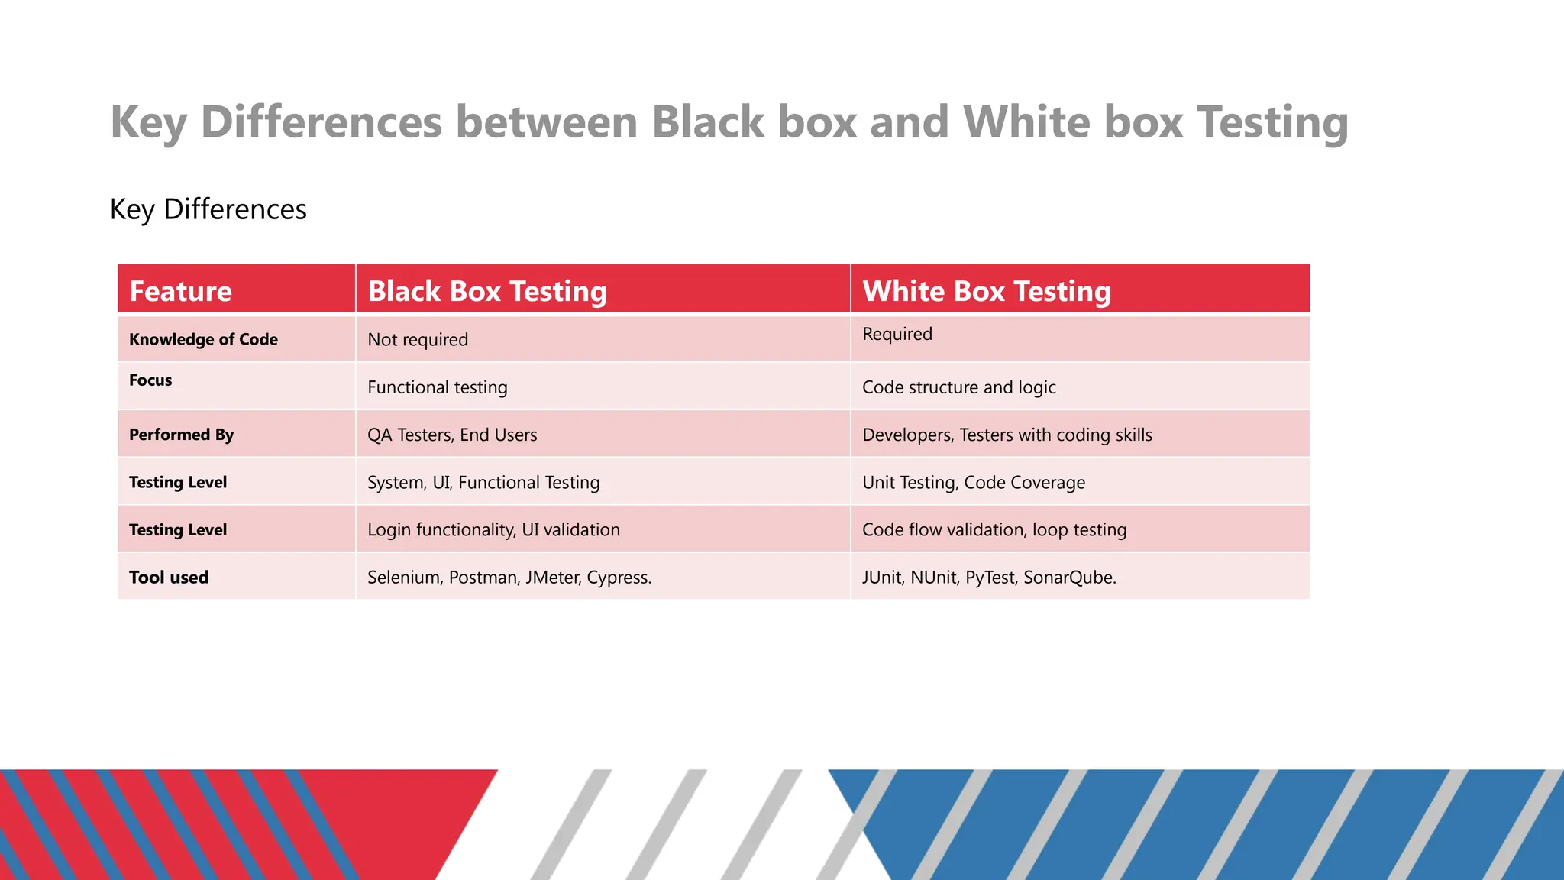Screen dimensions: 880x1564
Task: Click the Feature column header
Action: click(180, 291)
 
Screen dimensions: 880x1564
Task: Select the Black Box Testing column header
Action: click(487, 291)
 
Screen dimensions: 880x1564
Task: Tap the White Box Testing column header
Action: click(986, 291)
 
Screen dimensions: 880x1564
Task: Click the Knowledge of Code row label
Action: click(203, 339)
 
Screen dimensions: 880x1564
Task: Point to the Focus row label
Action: click(150, 380)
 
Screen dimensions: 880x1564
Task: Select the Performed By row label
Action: click(181, 435)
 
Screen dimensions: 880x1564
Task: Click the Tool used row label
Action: click(169, 577)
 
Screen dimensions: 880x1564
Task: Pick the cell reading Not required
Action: click(418, 340)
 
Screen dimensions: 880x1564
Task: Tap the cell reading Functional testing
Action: click(437, 387)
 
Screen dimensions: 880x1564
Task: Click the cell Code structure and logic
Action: click(958, 387)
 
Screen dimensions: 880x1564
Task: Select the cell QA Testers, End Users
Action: click(452, 435)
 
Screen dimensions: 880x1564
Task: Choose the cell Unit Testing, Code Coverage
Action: click(973, 483)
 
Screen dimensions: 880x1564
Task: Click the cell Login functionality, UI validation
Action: click(493, 530)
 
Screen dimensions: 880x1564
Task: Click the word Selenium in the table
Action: click(403, 577)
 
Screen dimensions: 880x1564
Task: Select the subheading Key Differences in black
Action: click(208, 209)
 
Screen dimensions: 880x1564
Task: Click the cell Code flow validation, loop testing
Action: click(994, 530)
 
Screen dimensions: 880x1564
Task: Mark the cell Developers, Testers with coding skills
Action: click(1007, 435)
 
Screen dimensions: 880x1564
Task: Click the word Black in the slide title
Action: click(708, 122)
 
